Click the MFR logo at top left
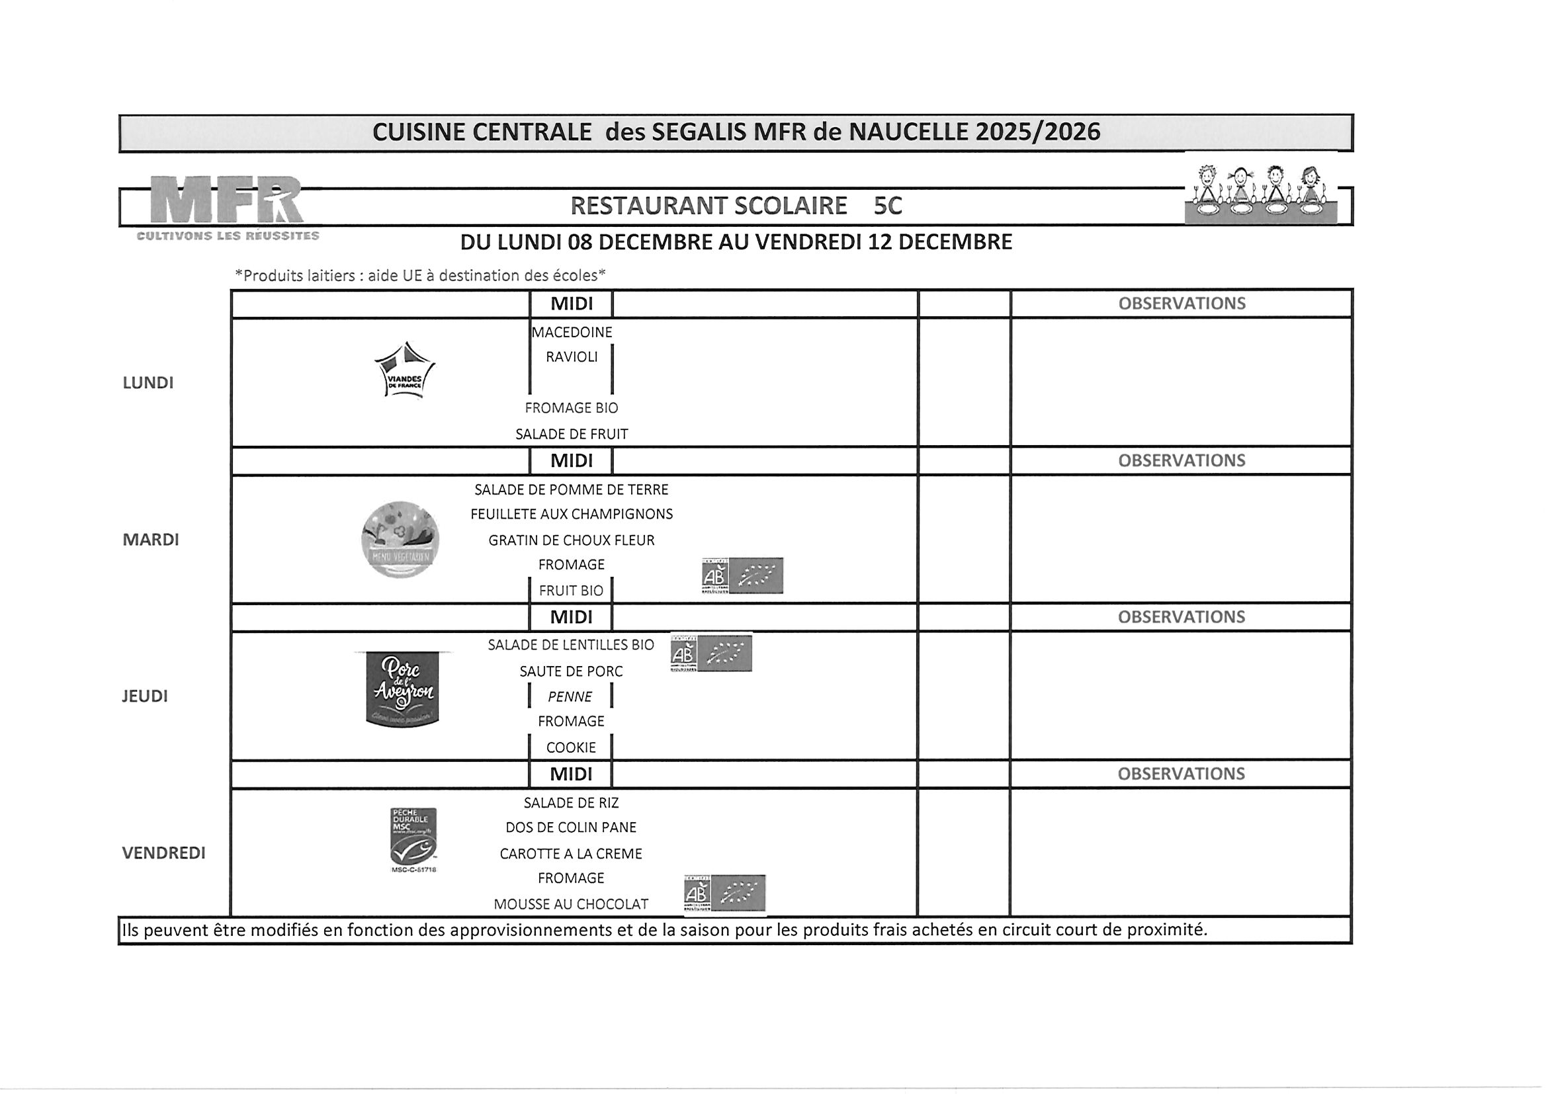(x=227, y=202)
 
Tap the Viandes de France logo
(x=404, y=371)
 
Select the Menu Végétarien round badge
(x=400, y=539)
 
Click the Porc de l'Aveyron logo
(x=402, y=689)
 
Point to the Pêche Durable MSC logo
(x=413, y=837)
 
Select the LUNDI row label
(x=148, y=383)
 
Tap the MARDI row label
(x=151, y=540)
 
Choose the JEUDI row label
(x=145, y=696)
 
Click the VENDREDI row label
(x=164, y=853)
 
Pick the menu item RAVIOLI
(x=572, y=357)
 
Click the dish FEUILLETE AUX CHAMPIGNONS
(x=572, y=515)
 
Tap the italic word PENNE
(x=570, y=697)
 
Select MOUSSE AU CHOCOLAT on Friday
(x=571, y=905)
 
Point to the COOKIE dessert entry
(x=571, y=747)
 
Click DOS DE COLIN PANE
(x=571, y=827)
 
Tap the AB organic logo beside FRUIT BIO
(x=742, y=575)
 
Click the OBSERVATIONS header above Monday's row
(x=1182, y=304)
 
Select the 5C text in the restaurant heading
(x=887, y=206)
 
